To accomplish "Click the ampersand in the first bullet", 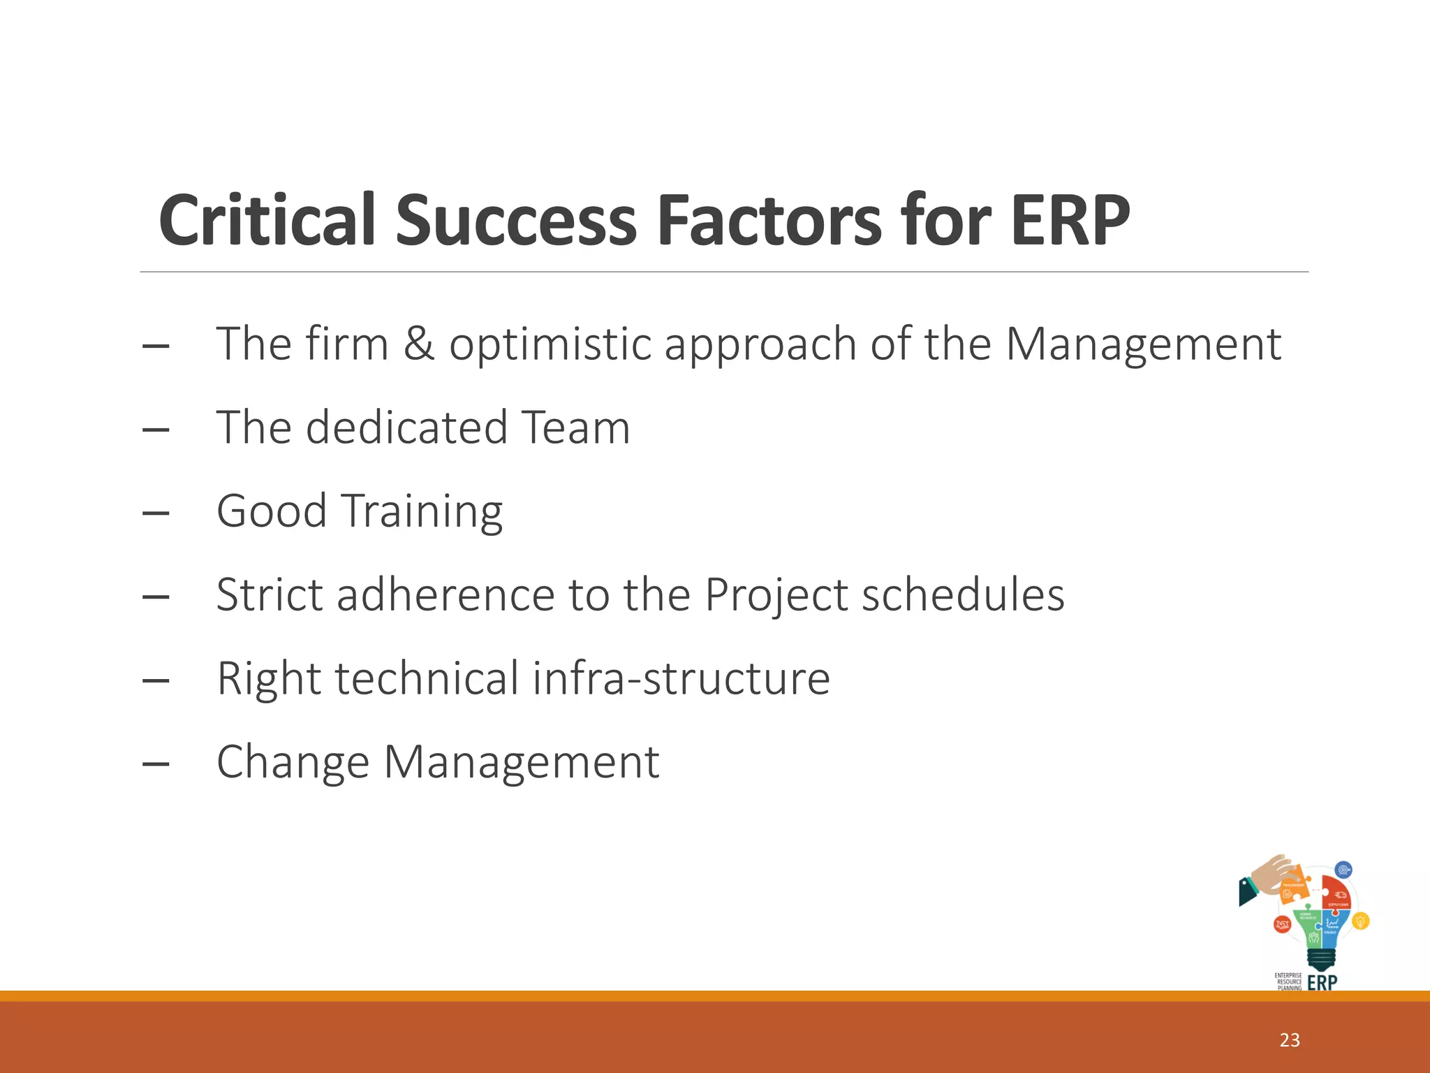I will [418, 344].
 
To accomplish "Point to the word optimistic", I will [550, 345].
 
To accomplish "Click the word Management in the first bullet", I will [1142, 345].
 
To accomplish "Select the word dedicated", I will [406, 428].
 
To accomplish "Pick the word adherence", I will [445, 595].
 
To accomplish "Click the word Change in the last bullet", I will [293, 762].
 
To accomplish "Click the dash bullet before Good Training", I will [155, 513].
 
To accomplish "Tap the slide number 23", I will [1289, 1040].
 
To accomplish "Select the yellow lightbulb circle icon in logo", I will [1360, 921].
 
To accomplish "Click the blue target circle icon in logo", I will [1343, 870].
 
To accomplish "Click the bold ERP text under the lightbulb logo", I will [1322, 982].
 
